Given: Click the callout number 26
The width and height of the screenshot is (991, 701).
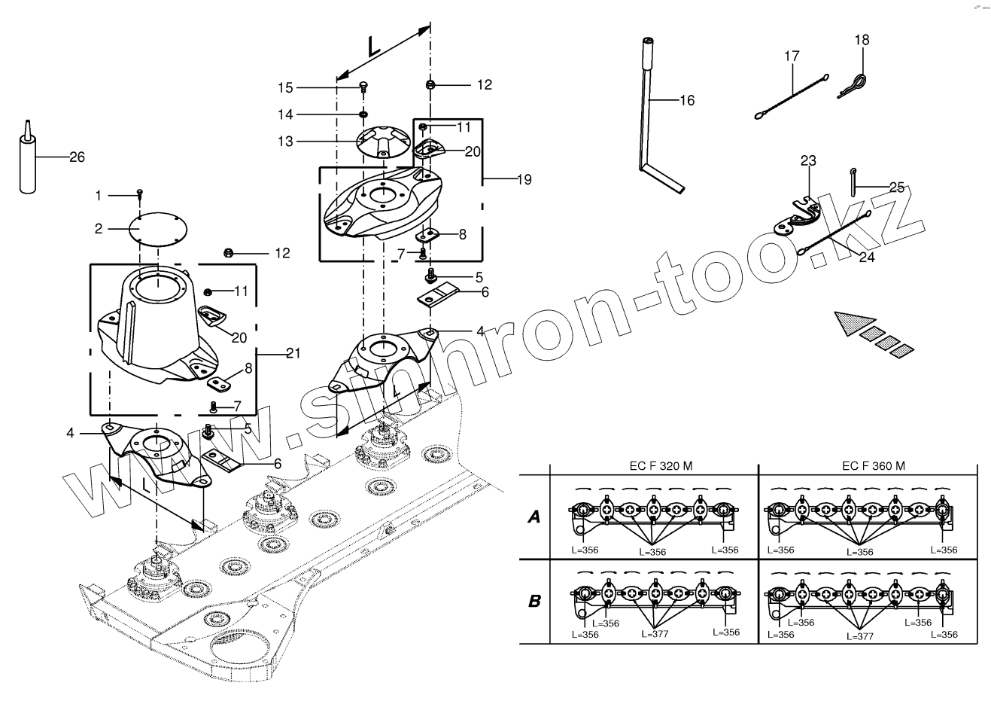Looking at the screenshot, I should (76, 157).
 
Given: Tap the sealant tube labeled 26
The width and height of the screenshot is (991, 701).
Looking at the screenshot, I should (27, 163).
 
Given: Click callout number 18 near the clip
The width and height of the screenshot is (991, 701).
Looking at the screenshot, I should (862, 40).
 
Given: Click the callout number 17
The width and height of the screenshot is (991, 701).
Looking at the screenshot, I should (791, 56).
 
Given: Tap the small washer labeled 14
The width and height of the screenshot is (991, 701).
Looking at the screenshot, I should (363, 114).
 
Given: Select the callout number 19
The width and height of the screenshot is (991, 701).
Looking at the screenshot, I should (524, 180).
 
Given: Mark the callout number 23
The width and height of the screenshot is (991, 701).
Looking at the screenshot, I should (808, 160).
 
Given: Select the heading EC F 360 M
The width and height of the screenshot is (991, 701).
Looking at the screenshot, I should (873, 466).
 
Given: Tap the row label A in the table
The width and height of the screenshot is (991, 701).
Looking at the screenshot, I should (534, 517).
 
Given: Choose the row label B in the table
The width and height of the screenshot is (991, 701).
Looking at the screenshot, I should (534, 601).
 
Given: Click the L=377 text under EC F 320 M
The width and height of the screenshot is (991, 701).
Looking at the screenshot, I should (654, 635).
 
